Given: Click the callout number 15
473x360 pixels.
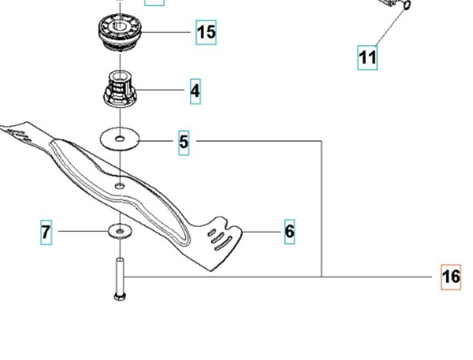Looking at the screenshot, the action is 206,32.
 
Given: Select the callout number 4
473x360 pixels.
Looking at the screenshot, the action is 195,91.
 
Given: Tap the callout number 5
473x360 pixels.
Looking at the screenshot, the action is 183,143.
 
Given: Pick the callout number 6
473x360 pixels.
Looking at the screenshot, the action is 290,231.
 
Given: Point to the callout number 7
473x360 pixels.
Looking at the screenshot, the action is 46,232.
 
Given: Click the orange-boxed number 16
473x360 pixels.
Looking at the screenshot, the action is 451,277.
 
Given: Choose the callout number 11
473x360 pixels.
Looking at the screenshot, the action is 367,57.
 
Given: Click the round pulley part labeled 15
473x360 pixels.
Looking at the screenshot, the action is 120,32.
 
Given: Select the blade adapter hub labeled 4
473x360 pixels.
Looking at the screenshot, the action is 120,89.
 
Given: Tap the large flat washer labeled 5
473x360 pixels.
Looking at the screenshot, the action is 120,139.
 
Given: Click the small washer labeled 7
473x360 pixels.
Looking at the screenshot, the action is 120,231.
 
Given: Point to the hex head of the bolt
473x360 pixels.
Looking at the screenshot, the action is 120,297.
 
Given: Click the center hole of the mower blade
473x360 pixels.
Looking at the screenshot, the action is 120,186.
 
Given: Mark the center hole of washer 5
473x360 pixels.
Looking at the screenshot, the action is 120,139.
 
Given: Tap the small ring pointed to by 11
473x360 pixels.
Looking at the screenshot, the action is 407,4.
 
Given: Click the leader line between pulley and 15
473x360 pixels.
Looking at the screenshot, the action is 166,32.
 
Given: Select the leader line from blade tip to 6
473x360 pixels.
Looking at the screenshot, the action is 261,232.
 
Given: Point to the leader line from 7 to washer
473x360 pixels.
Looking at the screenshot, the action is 83,231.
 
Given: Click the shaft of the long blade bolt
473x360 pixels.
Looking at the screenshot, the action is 120,276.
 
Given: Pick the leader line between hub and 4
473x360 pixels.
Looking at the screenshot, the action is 160,89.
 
